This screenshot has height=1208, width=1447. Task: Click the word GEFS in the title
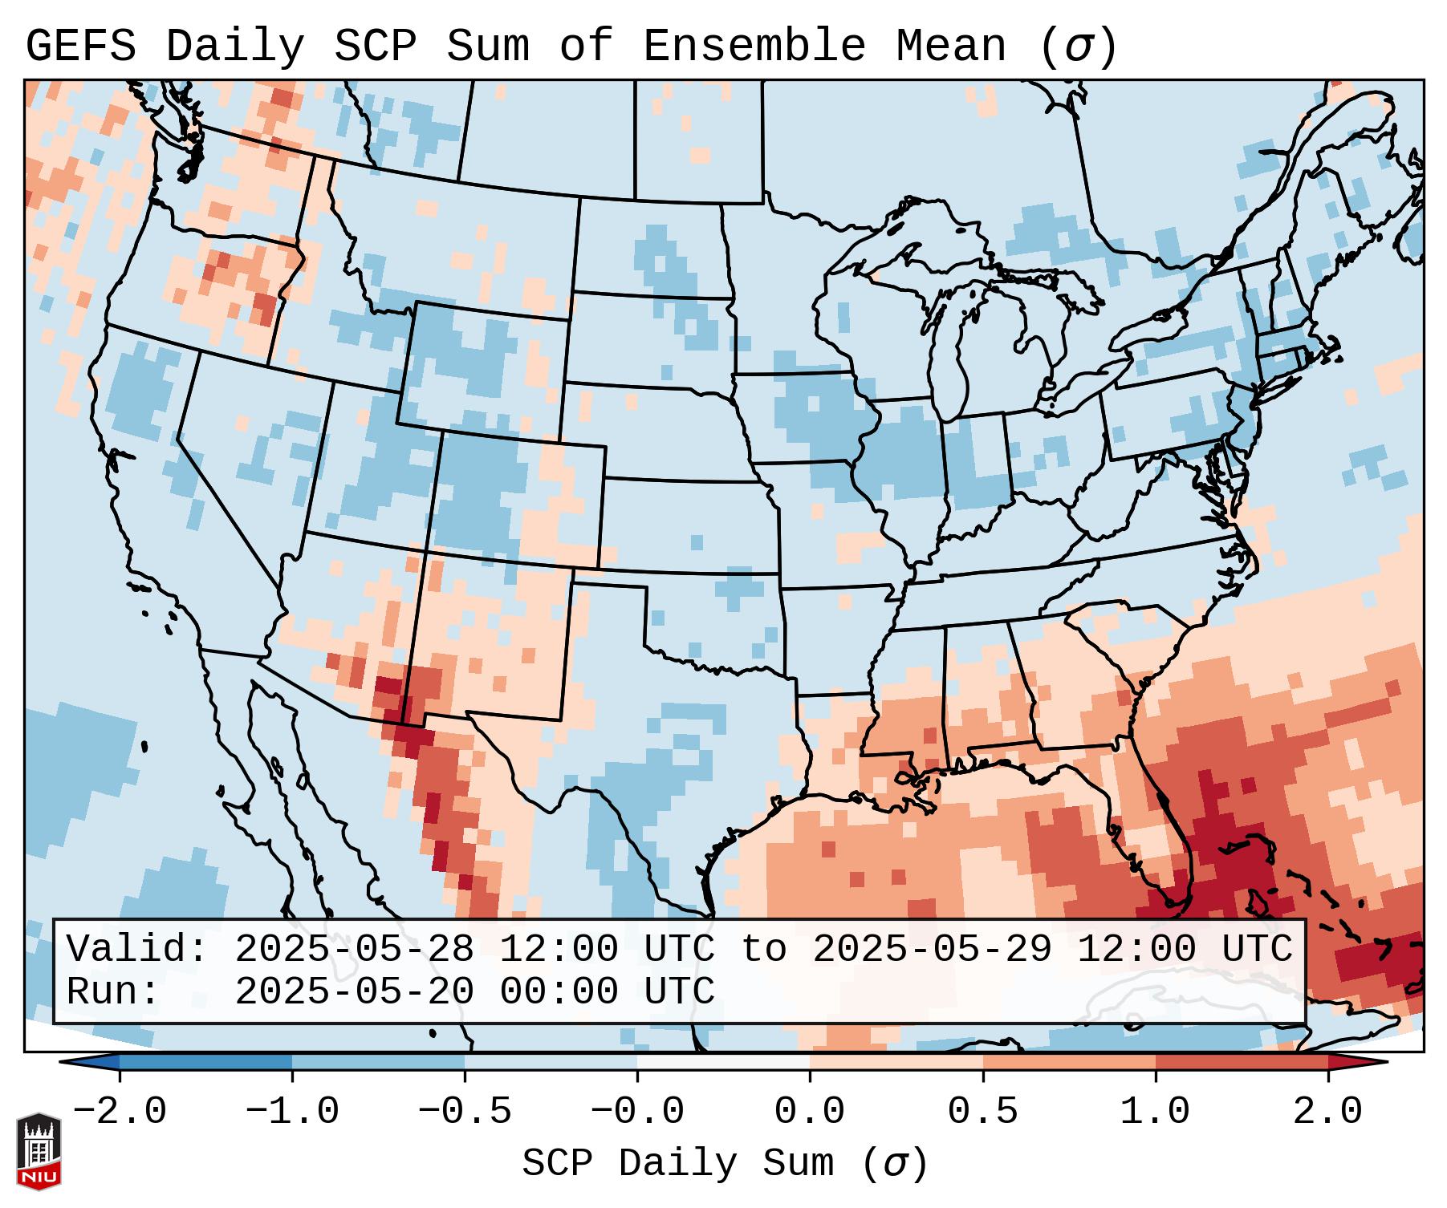coord(80,47)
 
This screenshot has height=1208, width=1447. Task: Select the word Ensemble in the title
coord(754,47)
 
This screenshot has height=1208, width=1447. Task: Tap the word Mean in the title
coord(950,47)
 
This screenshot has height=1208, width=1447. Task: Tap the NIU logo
coord(39,1150)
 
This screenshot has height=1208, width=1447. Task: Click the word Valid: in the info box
coord(137,950)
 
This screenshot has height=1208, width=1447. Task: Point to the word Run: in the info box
coord(113,992)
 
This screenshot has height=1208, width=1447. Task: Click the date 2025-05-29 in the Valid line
coord(932,950)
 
